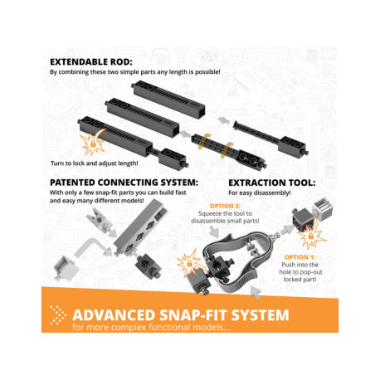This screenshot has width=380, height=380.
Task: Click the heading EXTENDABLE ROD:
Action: [x=91, y=62]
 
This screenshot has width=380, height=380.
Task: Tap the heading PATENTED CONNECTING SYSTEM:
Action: [x=124, y=183]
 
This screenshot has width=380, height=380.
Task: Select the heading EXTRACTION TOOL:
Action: [x=272, y=183]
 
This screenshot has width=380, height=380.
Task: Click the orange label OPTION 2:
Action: [x=225, y=206]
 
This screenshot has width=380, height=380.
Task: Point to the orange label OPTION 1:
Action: [x=300, y=257]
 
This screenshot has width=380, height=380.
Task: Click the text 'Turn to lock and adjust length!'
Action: [x=95, y=163]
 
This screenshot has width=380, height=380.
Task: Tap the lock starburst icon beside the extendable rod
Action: [x=93, y=144]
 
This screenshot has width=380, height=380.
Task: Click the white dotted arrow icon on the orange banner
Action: [x=57, y=315]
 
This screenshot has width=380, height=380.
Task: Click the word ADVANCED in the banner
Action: [x=114, y=315]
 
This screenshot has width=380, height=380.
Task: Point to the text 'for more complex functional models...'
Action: [x=151, y=327]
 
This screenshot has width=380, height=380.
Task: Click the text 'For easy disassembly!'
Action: [x=260, y=192]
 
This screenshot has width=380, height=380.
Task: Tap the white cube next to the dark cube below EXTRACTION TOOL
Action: [x=324, y=209]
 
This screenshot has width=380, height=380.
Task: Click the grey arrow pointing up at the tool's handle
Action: [x=256, y=293]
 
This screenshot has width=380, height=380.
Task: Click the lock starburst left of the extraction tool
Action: [x=189, y=263]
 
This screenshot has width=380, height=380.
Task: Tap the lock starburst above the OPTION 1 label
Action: [x=311, y=236]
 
